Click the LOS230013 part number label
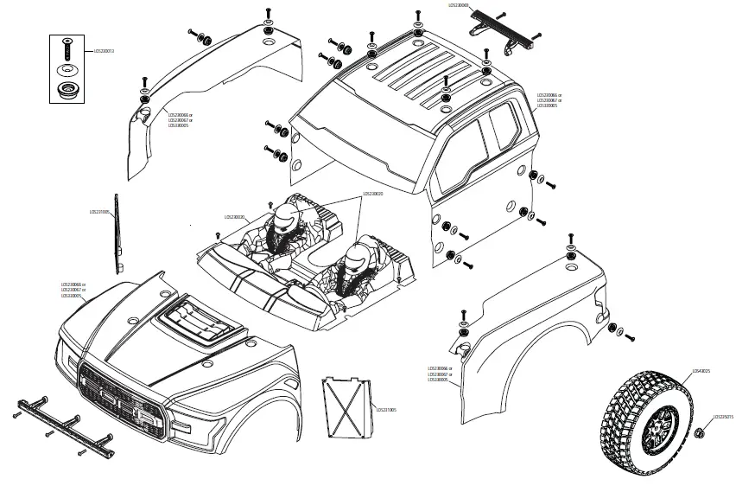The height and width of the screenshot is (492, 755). (104, 51)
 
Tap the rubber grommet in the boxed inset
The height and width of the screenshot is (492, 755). (67, 90)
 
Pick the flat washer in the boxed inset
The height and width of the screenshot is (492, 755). (67, 70)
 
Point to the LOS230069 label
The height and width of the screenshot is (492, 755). (458, 6)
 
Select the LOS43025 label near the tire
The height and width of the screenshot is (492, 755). (701, 372)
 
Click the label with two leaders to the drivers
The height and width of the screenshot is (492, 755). (372, 194)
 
